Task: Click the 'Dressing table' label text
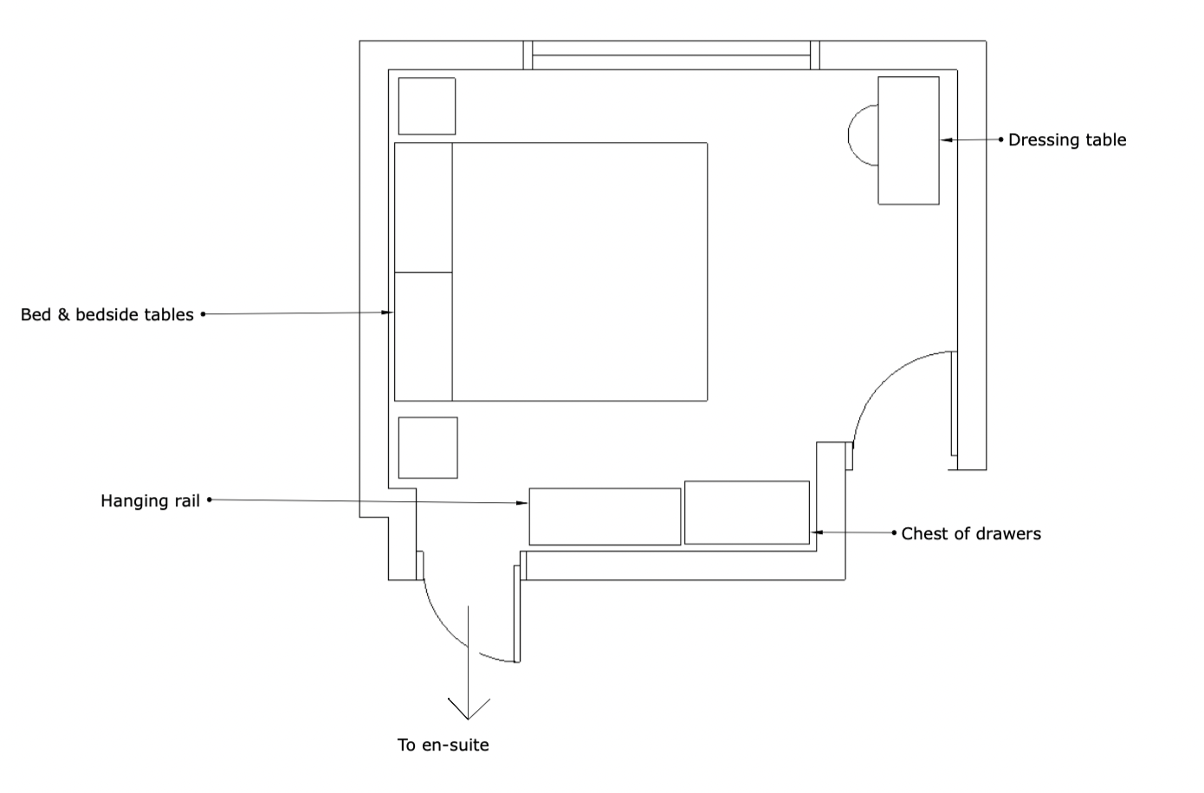pyautogui.click(x=1067, y=140)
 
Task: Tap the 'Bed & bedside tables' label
pyautogui.click(x=107, y=315)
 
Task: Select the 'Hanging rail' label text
pyautogui.click(x=150, y=501)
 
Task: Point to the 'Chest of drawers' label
pyautogui.click(x=971, y=534)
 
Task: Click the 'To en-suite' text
pyautogui.click(x=443, y=745)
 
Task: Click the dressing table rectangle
pyautogui.click(x=909, y=140)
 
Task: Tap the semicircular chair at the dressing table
pyautogui.click(x=862, y=135)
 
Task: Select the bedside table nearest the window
pyautogui.click(x=427, y=106)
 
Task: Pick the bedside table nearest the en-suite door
pyautogui.click(x=428, y=448)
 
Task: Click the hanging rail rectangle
pyautogui.click(x=605, y=517)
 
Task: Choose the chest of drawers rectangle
pyautogui.click(x=747, y=513)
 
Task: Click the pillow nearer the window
pyautogui.click(x=424, y=208)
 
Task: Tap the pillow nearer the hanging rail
pyautogui.click(x=424, y=337)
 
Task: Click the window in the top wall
pyautogui.click(x=671, y=55)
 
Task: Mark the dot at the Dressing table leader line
pyautogui.click(x=1001, y=139)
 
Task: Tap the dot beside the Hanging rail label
pyautogui.click(x=210, y=500)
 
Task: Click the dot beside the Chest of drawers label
pyautogui.click(x=894, y=533)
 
